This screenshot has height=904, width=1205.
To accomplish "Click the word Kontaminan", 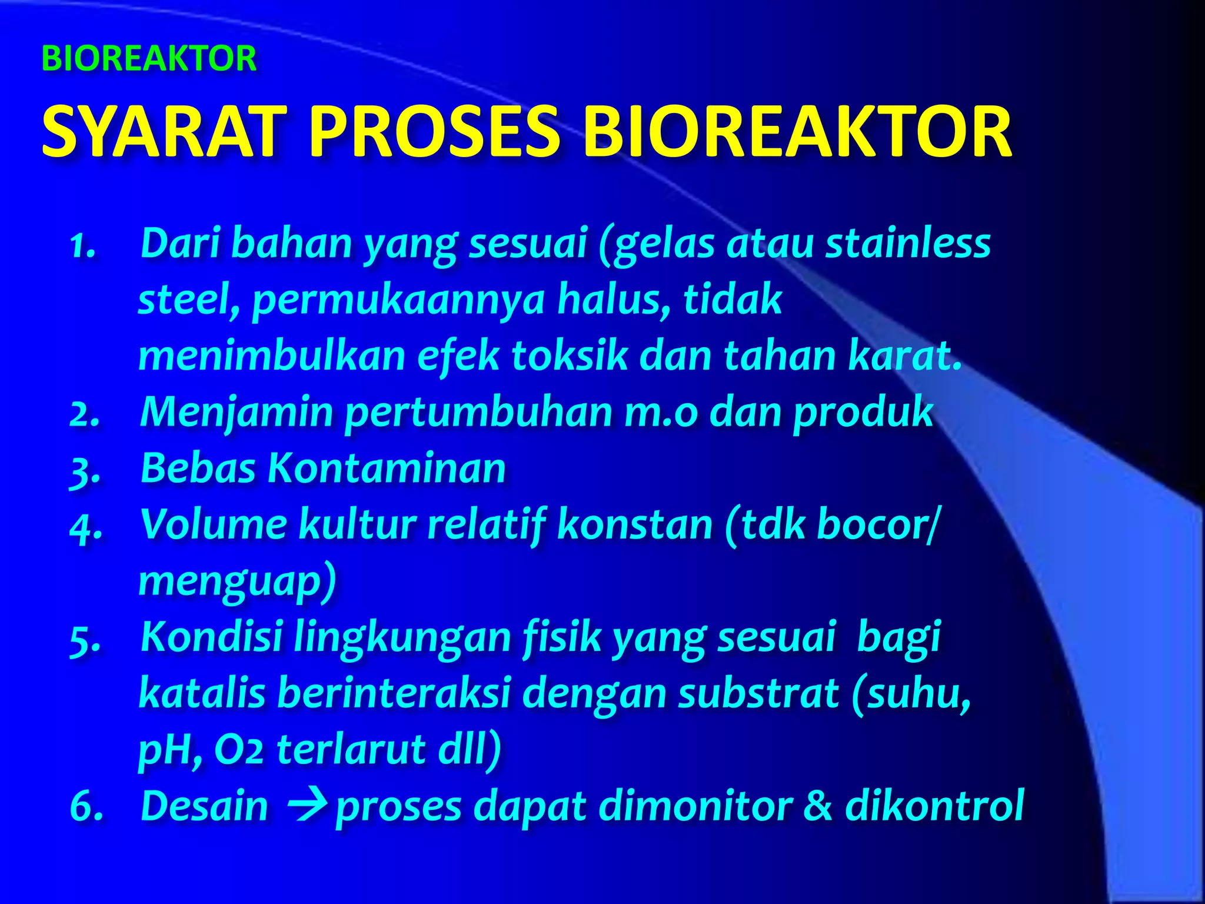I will tap(387, 468).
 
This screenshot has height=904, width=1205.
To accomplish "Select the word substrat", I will tap(758, 693).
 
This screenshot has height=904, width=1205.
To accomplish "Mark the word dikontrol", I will tap(935, 806).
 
